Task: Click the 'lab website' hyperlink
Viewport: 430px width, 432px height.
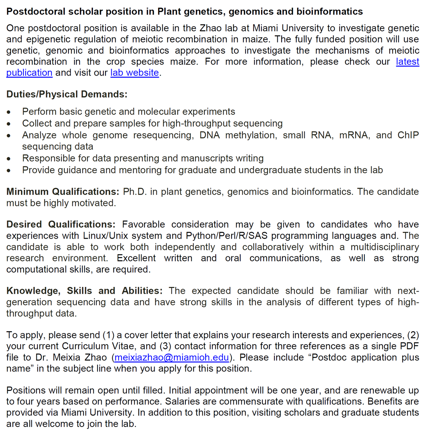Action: coord(134,73)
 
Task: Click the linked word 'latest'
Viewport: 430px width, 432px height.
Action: coord(407,62)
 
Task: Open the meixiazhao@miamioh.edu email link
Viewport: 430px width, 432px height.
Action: coord(171,357)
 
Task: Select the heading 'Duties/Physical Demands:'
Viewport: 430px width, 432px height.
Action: coord(67,94)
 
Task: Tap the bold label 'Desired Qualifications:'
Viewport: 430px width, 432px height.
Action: coord(61,224)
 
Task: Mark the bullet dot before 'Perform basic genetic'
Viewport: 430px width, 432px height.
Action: coord(9,112)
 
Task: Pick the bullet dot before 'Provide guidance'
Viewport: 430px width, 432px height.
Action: coord(9,170)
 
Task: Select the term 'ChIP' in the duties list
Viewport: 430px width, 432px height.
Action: coord(408,135)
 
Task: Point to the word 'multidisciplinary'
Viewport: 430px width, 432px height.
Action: coord(385,247)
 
